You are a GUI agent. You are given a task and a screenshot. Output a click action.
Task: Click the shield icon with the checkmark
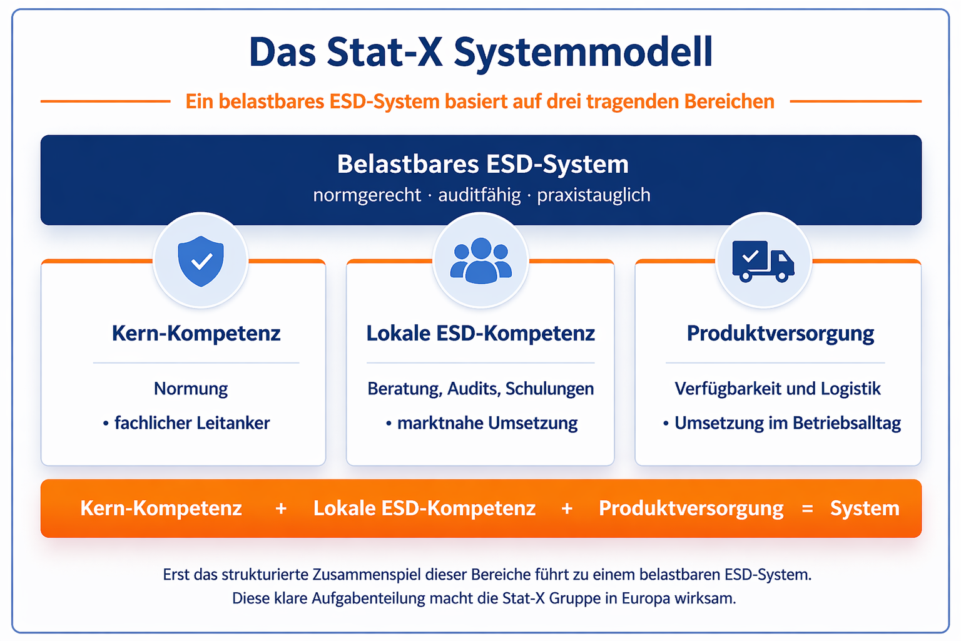pos(201,260)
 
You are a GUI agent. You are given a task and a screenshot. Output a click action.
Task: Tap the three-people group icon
pos(480,260)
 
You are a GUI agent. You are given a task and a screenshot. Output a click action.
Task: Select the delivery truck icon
pos(763,260)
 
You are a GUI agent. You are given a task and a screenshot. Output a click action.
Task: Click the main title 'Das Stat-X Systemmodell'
pos(480,52)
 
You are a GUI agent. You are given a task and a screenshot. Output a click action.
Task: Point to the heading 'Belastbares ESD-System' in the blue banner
pos(482,164)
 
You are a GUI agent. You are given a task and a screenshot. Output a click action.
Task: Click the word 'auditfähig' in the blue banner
pos(479,195)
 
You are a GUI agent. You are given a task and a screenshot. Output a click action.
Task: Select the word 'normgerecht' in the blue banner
pos(367,195)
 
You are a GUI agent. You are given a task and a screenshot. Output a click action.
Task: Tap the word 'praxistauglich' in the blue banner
pos(593,195)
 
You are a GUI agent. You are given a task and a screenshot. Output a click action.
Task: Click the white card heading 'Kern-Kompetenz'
pos(196,333)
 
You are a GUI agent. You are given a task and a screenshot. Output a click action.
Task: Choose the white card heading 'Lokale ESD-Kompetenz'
pos(480,333)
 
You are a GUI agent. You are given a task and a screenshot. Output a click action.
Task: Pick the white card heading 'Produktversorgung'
pos(780,333)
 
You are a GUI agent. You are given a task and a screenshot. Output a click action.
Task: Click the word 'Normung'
pos(191,389)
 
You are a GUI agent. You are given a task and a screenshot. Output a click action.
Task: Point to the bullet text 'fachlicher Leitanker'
pos(191,423)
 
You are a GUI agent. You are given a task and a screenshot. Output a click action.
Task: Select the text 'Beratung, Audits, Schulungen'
pos(480,389)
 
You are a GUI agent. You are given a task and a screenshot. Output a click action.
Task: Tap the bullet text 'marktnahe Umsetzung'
pos(487,423)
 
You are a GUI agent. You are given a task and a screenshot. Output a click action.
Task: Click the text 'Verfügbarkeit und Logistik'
pos(778,389)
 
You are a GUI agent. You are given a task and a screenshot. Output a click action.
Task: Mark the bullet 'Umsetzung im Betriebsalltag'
pos(787,423)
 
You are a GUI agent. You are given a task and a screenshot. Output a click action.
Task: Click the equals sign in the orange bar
pos(807,509)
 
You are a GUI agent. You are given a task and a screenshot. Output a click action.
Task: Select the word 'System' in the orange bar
pos(865,508)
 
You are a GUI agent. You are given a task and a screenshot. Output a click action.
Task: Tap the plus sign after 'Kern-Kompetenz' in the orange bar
pos(281,509)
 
